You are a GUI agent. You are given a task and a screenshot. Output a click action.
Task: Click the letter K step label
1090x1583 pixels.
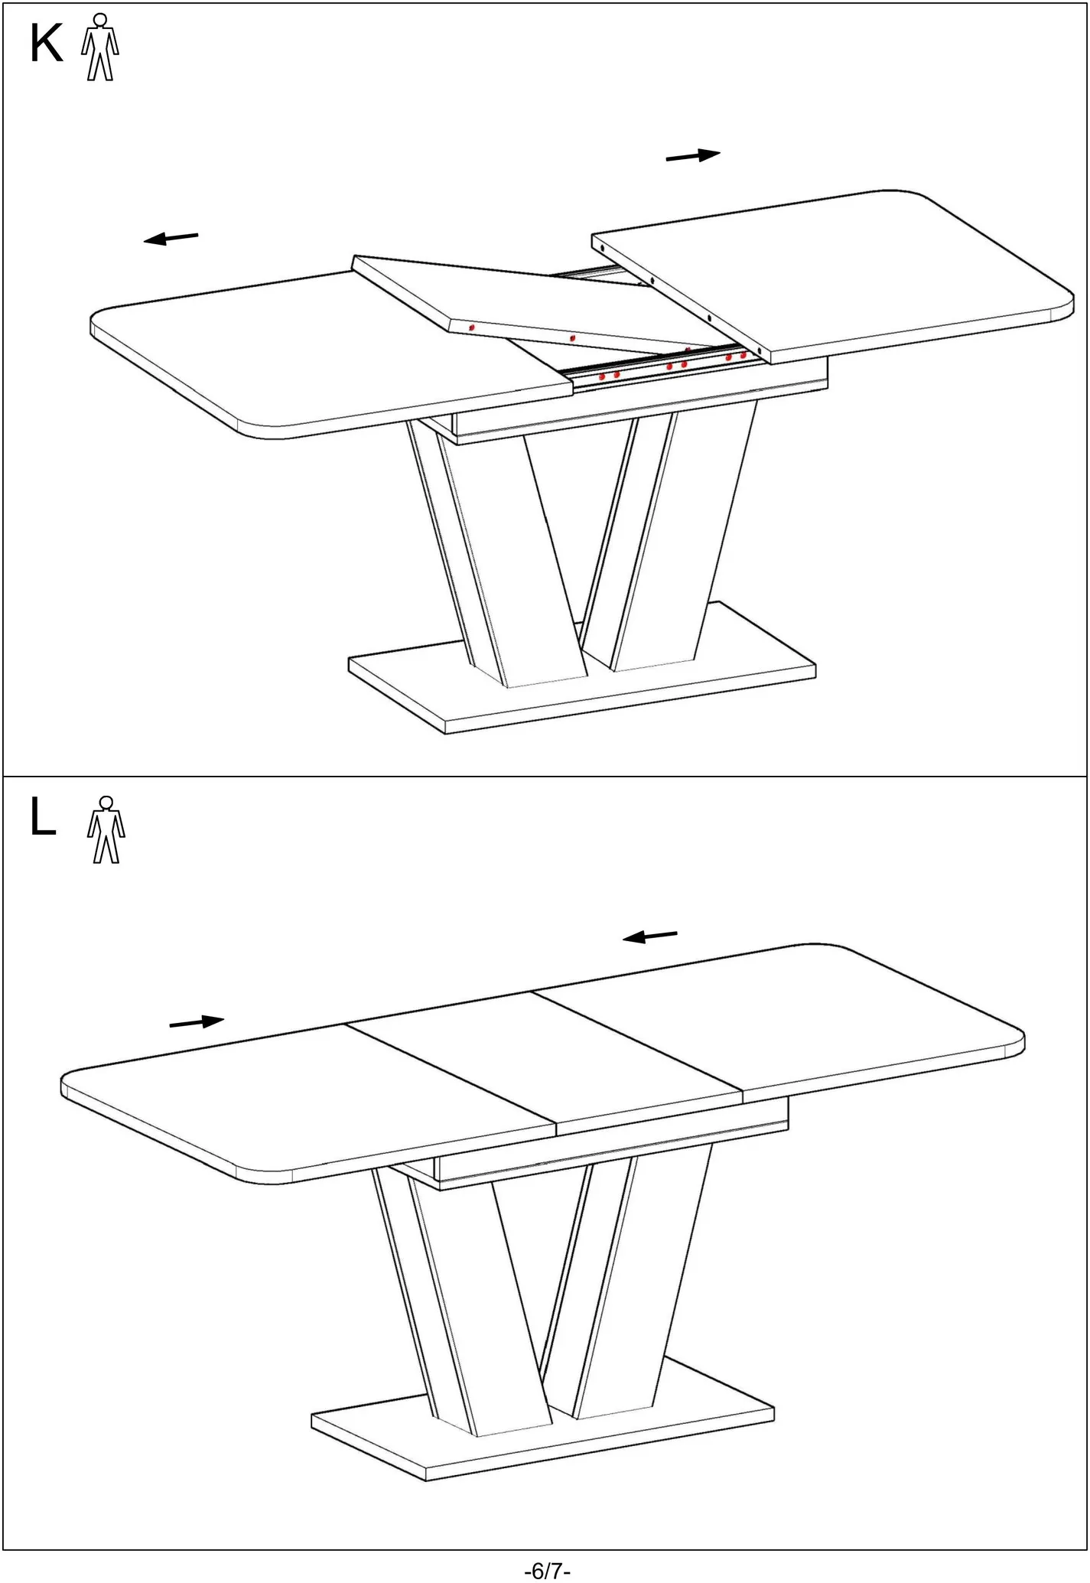(46, 44)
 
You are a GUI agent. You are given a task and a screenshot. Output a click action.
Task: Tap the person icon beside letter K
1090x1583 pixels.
(100, 47)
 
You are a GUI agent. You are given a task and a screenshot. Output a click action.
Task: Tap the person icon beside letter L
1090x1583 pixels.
(106, 829)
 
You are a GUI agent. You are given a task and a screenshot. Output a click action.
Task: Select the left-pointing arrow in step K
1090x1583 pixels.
(171, 238)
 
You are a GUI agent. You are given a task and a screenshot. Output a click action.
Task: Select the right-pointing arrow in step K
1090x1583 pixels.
(693, 155)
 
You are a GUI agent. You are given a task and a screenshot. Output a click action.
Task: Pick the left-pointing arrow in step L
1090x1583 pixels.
(649, 936)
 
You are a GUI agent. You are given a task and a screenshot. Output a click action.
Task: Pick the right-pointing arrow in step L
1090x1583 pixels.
(197, 1021)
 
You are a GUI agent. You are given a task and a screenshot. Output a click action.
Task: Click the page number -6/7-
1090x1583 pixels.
(547, 1571)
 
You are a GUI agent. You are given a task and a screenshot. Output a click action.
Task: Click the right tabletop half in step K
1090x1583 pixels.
(834, 275)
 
